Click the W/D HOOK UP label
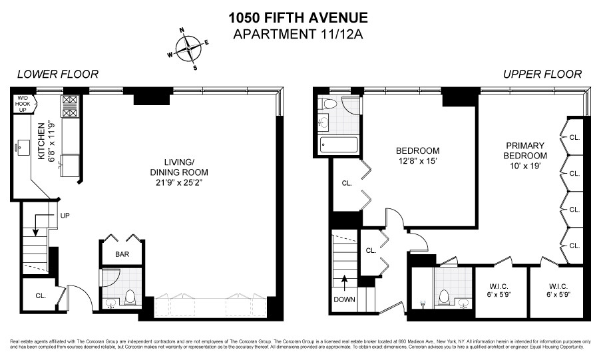[x=23, y=106]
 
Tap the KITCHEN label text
[x=41, y=142]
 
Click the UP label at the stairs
[x=64, y=216]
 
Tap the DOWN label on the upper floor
[x=344, y=299]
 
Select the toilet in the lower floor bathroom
[x=130, y=297]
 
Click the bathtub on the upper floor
[x=338, y=144]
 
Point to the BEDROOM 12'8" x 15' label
[x=417, y=155]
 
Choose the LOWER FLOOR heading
[x=58, y=75]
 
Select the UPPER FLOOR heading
[x=542, y=75]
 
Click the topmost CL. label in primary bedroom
[x=574, y=138]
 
